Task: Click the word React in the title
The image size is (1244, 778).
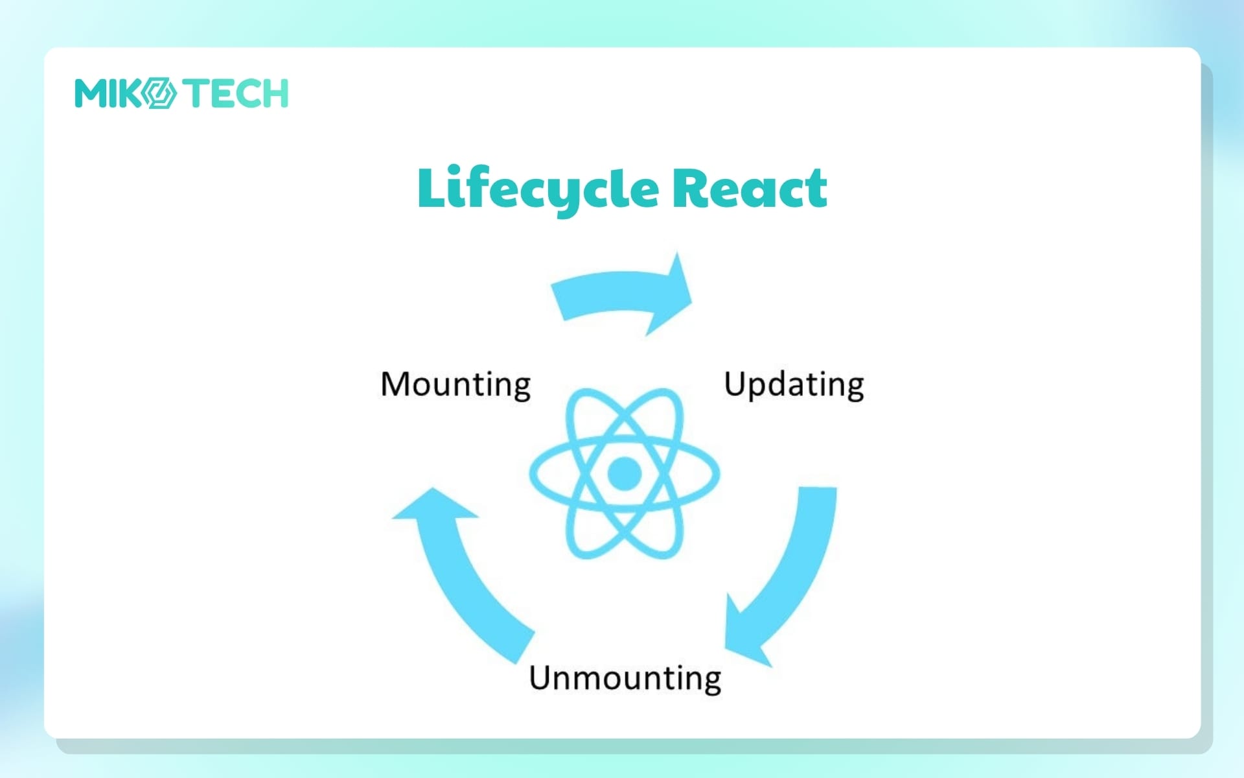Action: click(x=750, y=188)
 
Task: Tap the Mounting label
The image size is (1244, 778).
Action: click(x=455, y=385)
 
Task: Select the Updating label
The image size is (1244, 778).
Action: click(x=794, y=385)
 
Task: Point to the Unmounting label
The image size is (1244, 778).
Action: click(x=625, y=679)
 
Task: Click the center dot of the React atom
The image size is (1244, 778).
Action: click(x=625, y=473)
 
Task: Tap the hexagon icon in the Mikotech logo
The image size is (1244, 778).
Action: click(x=158, y=93)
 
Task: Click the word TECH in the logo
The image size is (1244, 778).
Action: click(x=235, y=93)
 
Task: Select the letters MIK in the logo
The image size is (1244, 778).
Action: click(x=108, y=93)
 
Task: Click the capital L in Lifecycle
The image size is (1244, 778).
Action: click(x=432, y=188)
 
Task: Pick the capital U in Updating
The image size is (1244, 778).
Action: click(x=735, y=384)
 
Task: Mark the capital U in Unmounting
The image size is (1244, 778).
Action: click(x=540, y=678)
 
